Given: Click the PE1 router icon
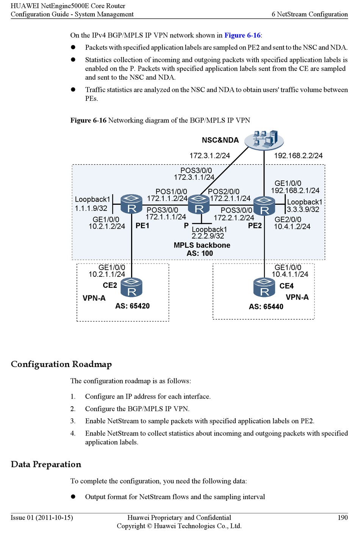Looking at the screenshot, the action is [131, 204].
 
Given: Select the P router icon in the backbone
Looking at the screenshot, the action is [199, 204].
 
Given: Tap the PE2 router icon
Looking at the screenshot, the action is [264, 206].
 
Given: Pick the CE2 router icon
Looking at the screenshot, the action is [131, 287].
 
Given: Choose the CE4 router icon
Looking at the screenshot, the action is [264, 287].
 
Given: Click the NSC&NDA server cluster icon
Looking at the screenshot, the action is [264, 140].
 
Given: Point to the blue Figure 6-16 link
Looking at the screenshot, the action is [242, 35].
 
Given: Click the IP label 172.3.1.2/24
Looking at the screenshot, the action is [210, 155].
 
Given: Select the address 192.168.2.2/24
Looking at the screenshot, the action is [298, 155].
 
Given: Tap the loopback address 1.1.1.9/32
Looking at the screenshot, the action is [91, 208].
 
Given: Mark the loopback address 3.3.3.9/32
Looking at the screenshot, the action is [303, 209].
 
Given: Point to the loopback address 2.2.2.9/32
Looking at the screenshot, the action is [208, 236].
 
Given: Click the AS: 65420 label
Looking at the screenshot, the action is [133, 306].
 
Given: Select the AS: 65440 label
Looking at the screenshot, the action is [266, 306].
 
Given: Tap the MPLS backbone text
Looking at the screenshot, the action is [202, 245].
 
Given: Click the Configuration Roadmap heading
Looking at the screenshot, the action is [61, 364].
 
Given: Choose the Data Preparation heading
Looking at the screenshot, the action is [46, 464].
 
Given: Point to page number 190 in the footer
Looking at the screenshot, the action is [343, 517].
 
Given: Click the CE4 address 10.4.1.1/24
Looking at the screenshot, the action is [290, 274].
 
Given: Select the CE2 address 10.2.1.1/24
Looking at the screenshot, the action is [107, 274].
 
